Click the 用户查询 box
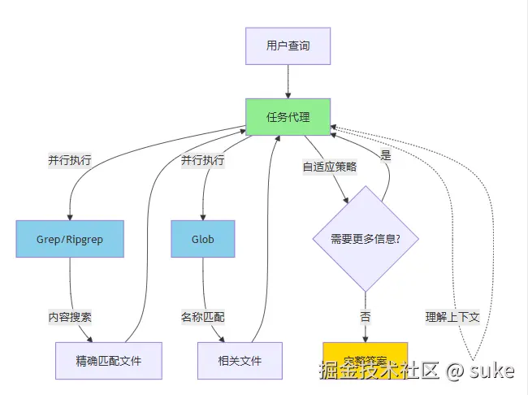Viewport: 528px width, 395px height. click(288, 46)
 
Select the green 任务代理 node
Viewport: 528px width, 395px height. click(288, 116)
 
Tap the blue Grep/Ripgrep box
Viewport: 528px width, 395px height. click(70, 239)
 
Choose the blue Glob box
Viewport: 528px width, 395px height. click(202, 239)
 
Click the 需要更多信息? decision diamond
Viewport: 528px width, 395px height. click(365, 239)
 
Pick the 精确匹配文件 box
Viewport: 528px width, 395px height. click(108, 360)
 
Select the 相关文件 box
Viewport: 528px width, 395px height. click(240, 360)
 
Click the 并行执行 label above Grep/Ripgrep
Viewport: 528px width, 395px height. click(70, 159)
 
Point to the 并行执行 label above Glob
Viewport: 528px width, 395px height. click(203, 159)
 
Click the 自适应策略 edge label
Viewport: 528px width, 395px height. click(329, 166)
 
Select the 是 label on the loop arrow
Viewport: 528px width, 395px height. click(386, 154)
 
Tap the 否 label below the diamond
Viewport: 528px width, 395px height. click(365, 316)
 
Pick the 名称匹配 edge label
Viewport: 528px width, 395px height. click(203, 316)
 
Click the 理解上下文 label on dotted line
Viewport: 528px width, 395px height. click(452, 316)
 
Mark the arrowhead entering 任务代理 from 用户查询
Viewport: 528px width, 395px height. click(288, 93)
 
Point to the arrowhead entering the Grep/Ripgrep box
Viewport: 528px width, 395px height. click(70, 215)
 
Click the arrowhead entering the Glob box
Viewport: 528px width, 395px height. click(202, 215)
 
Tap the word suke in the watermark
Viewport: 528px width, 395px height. click(492, 371)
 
